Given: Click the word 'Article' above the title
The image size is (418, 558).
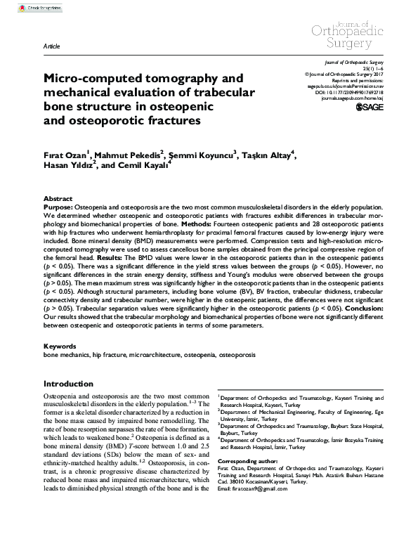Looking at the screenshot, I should [51, 46].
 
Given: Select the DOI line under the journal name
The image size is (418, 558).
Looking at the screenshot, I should [338, 92].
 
